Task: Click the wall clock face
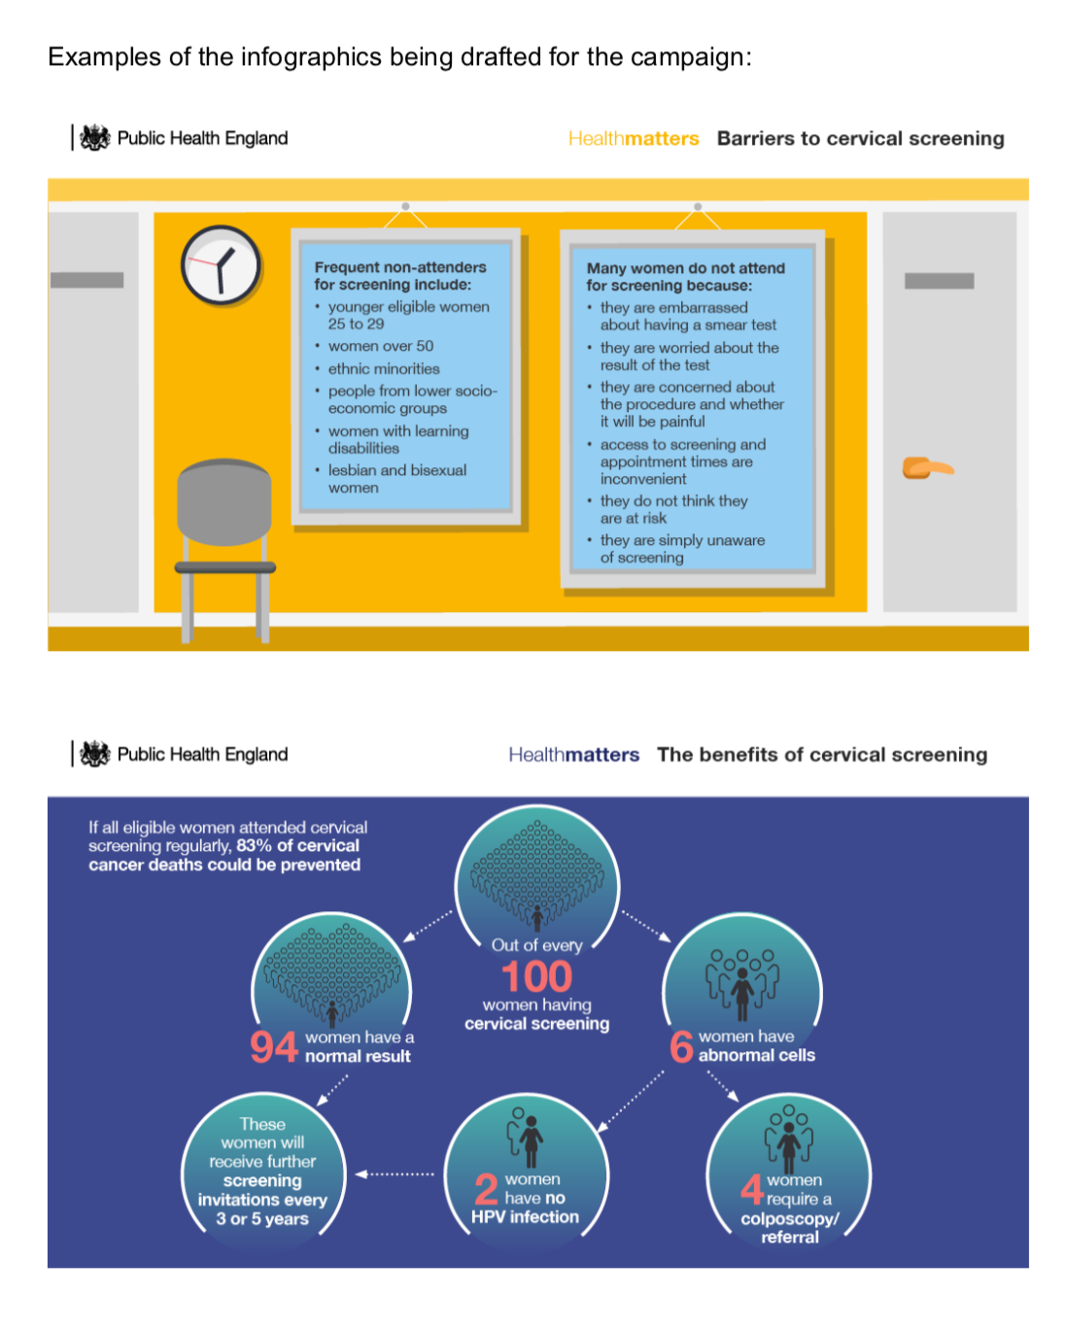(220, 265)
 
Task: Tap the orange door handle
(927, 467)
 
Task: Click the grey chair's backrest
(224, 502)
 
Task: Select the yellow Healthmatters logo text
(634, 138)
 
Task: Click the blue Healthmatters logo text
(573, 754)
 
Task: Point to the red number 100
(536, 976)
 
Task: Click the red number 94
(274, 1046)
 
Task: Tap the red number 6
(681, 1046)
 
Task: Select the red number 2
(486, 1189)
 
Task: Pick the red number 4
(751, 1189)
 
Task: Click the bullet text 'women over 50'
(381, 346)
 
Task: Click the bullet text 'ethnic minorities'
(384, 369)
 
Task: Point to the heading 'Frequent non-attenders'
(399, 267)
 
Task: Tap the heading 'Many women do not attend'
(685, 268)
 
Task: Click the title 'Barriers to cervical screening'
(860, 138)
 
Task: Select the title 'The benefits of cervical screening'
(822, 754)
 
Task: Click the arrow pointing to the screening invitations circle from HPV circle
(396, 1174)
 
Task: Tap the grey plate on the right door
(939, 281)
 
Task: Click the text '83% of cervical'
(297, 845)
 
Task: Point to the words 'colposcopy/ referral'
(789, 1228)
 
